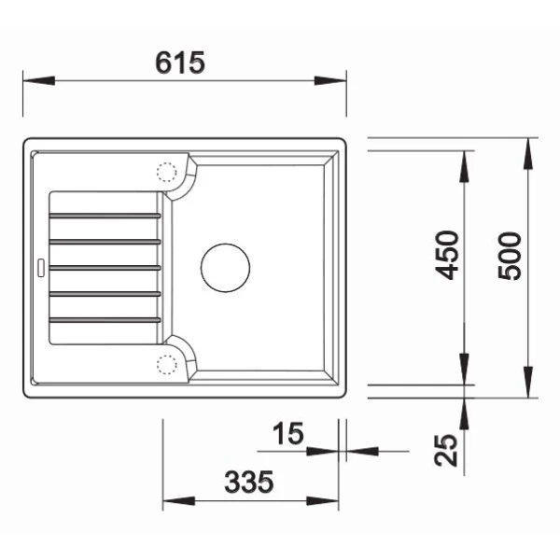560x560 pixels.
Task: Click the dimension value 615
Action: (x=181, y=63)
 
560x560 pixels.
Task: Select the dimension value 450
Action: (x=449, y=255)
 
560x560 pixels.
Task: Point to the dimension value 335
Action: (x=249, y=483)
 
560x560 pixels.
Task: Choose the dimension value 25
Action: (x=449, y=451)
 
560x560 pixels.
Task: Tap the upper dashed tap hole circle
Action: (x=166, y=173)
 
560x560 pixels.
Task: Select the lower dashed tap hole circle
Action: (x=166, y=363)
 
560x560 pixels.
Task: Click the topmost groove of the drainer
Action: (x=105, y=216)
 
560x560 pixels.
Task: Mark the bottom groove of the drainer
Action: (x=105, y=320)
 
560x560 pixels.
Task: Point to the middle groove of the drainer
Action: (x=105, y=268)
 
